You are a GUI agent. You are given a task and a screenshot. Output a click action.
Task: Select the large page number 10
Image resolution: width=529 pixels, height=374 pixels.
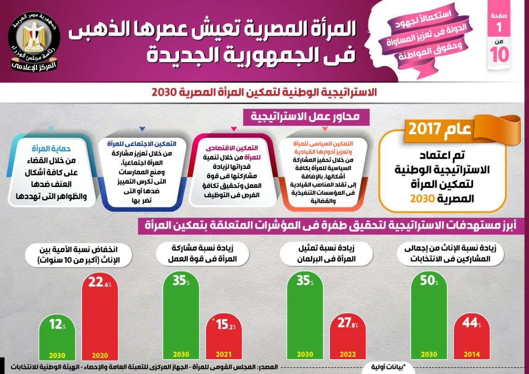coord(500,54)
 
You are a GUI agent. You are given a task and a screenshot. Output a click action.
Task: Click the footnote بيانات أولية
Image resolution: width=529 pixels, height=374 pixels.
coord(388,367)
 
